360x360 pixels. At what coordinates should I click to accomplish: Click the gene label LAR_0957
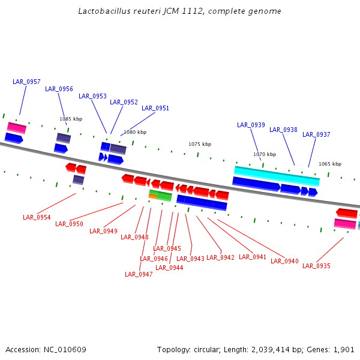click(x=26, y=82)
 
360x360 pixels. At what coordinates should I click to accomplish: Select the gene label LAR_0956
click(x=59, y=89)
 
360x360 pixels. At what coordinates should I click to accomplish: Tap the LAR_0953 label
click(x=92, y=96)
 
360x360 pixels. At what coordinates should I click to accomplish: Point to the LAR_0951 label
click(x=155, y=108)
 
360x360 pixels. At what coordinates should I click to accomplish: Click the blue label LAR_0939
click(x=251, y=125)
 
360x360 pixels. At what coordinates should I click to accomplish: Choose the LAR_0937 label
click(x=316, y=134)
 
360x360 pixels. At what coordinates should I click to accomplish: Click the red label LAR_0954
click(x=37, y=217)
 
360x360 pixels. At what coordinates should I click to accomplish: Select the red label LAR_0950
click(x=69, y=224)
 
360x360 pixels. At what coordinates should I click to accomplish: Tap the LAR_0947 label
click(x=139, y=274)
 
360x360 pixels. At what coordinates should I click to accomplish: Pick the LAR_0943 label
click(x=190, y=259)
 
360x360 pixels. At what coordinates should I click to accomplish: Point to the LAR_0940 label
click(x=284, y=261)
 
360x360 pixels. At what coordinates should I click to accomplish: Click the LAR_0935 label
click(x=316, y=266)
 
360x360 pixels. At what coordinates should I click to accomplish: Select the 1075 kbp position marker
click(x=200, y=144)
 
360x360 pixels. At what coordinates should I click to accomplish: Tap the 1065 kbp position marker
click(x=329, y=164)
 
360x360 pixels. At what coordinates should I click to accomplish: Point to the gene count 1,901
click(x=344, y=349)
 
